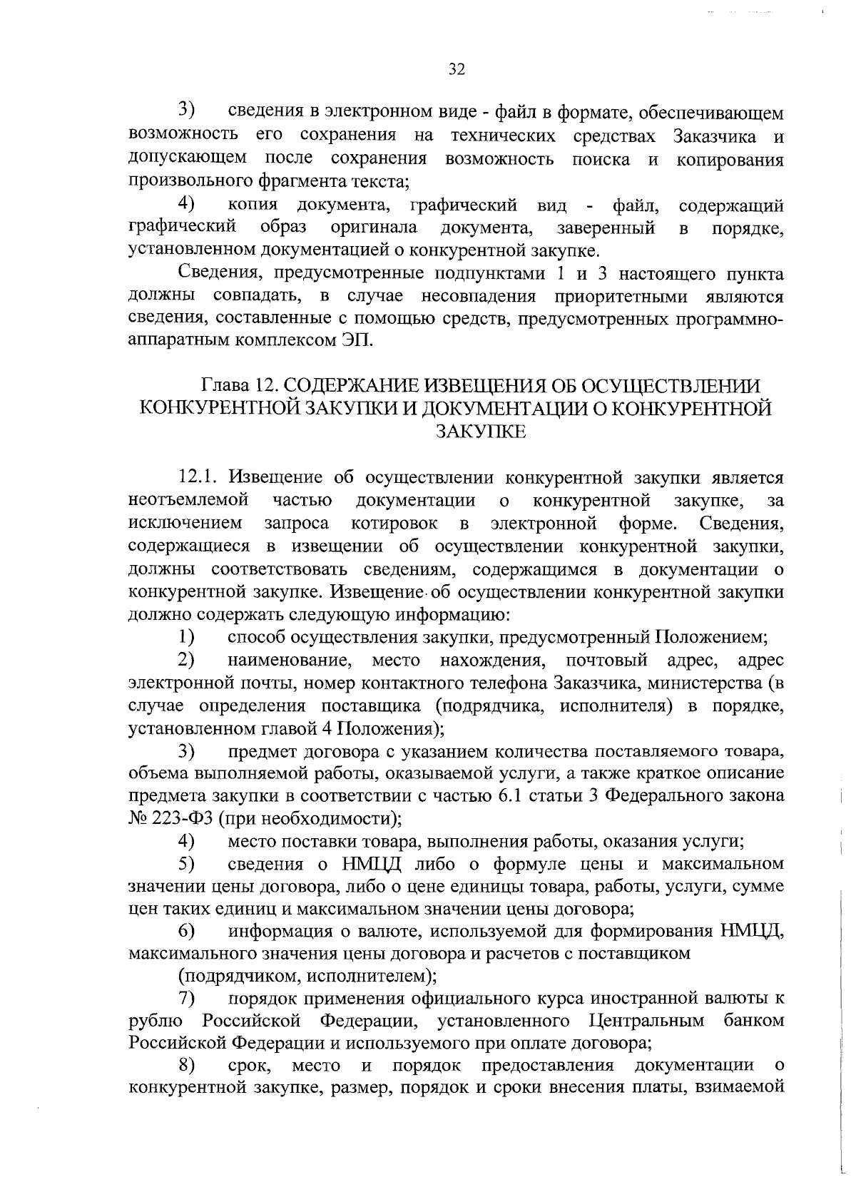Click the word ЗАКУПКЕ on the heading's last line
point(480,431)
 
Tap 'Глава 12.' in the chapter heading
point(239,385)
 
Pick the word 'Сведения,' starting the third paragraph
point(220,274)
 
